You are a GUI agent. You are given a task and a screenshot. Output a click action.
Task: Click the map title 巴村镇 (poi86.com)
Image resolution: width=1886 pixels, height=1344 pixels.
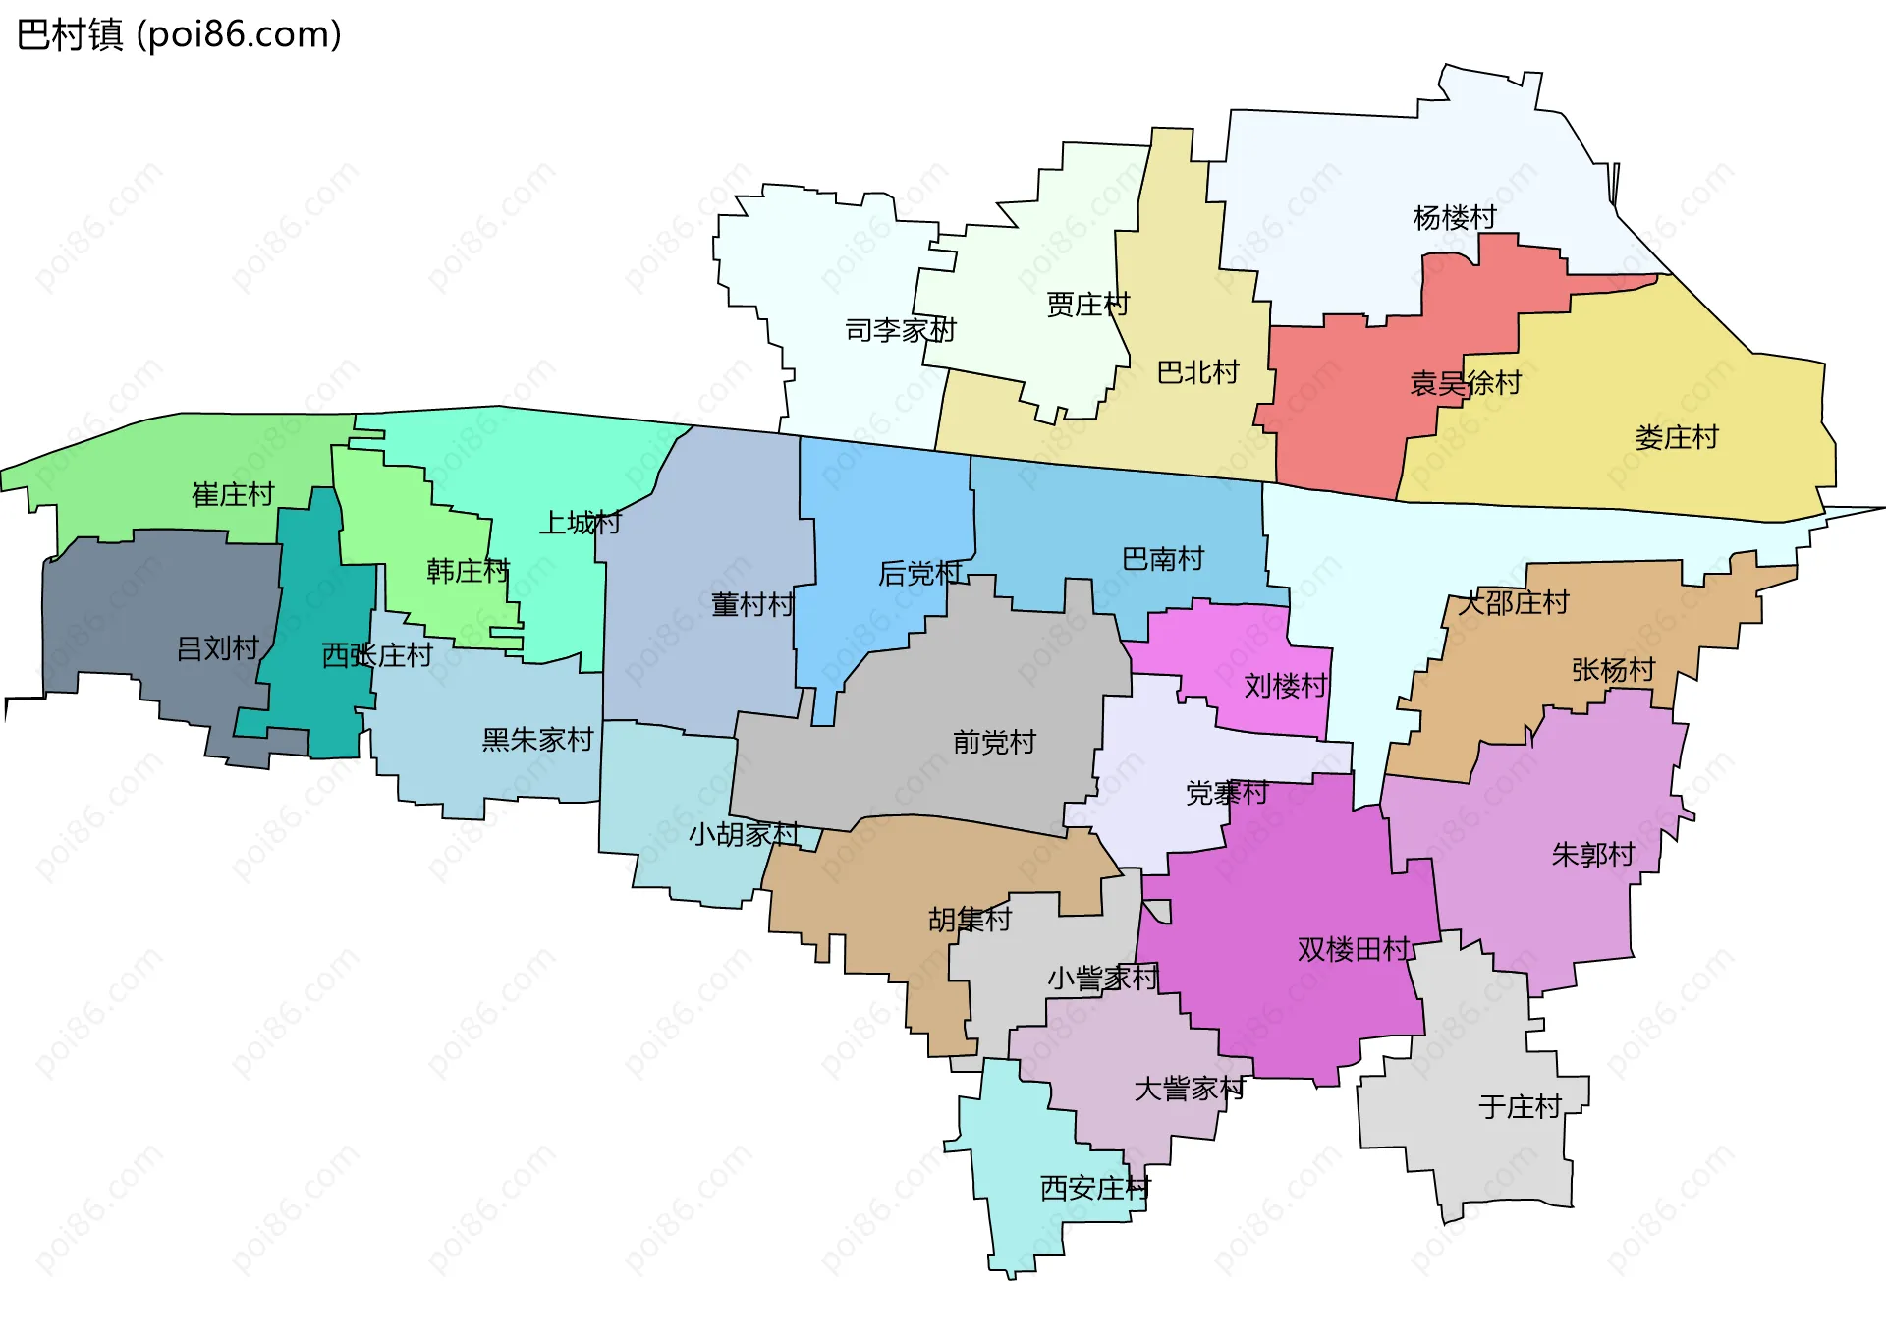tap(179, 35)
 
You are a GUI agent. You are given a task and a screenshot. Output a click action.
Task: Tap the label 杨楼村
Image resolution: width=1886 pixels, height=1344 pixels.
tap(1454, 217)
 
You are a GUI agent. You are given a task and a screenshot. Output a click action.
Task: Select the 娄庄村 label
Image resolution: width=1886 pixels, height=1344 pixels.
tap(1676, 437)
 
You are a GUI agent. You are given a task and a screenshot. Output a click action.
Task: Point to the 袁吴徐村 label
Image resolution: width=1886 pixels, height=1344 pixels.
tap(1465, 383)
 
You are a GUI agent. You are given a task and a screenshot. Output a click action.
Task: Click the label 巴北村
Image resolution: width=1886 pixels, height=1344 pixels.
tap(1197, 372)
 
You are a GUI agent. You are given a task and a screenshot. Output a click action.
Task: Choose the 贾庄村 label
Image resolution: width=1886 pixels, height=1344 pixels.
tap(1087, 305)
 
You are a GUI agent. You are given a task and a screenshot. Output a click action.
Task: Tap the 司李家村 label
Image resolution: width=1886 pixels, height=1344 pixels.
tap(900, 330)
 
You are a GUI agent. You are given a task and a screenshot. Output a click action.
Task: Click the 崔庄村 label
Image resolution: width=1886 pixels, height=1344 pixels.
tap(233, 494)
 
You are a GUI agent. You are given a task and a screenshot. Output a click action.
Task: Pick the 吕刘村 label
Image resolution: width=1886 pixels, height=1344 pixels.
tap(217, 648)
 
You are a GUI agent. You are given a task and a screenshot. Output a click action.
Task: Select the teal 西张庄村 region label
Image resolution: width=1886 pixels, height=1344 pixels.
tap(377, 655)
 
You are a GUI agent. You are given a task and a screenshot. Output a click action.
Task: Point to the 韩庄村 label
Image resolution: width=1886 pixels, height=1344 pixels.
tap(468, 571)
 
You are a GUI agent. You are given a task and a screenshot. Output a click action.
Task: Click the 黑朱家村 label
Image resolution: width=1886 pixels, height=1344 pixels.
tap(537, 740)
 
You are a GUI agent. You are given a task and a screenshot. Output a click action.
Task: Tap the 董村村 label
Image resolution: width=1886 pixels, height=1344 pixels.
tap(751, 604)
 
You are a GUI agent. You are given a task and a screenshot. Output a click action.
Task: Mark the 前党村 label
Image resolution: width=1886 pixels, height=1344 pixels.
tap(994, 742)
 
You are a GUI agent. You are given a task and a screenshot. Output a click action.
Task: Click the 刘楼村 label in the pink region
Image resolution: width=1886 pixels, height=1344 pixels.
tap(1285, 686)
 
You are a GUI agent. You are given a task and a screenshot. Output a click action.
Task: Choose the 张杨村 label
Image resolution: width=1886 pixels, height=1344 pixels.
tap(1613, 670)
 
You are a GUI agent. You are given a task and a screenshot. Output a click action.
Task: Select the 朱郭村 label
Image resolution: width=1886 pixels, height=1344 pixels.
tap(1592, 855)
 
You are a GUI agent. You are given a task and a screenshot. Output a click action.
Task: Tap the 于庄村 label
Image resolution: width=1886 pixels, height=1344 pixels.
tap(1520, 1107)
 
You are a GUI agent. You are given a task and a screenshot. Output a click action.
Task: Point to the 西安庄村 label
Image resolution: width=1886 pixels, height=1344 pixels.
tap(1094, 1189)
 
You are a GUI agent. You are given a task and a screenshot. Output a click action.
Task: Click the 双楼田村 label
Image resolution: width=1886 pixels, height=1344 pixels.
tap(1354, 949)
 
